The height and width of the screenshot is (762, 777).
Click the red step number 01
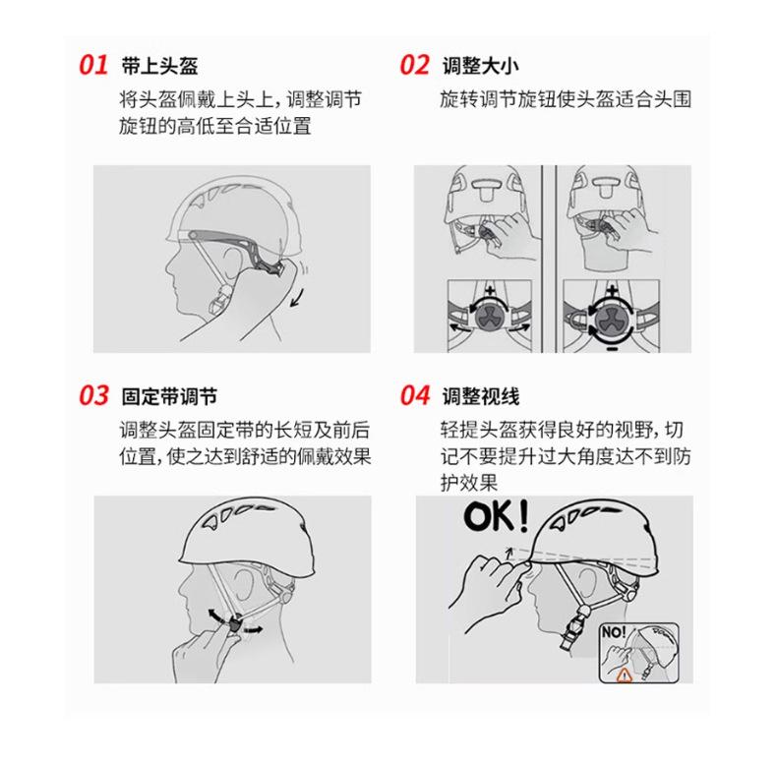[93, 66]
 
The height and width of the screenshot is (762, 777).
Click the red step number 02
[414, 66]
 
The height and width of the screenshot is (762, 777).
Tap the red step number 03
[93, 396]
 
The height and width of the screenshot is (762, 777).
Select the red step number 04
[414, 396]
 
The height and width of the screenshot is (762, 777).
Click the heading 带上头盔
[159, 67]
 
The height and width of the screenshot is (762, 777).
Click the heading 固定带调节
[168, 397]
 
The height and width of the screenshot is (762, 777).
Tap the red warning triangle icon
[622, 674]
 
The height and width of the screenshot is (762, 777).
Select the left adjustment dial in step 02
[489, 316]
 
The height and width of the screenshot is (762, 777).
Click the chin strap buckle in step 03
[234, 622]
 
